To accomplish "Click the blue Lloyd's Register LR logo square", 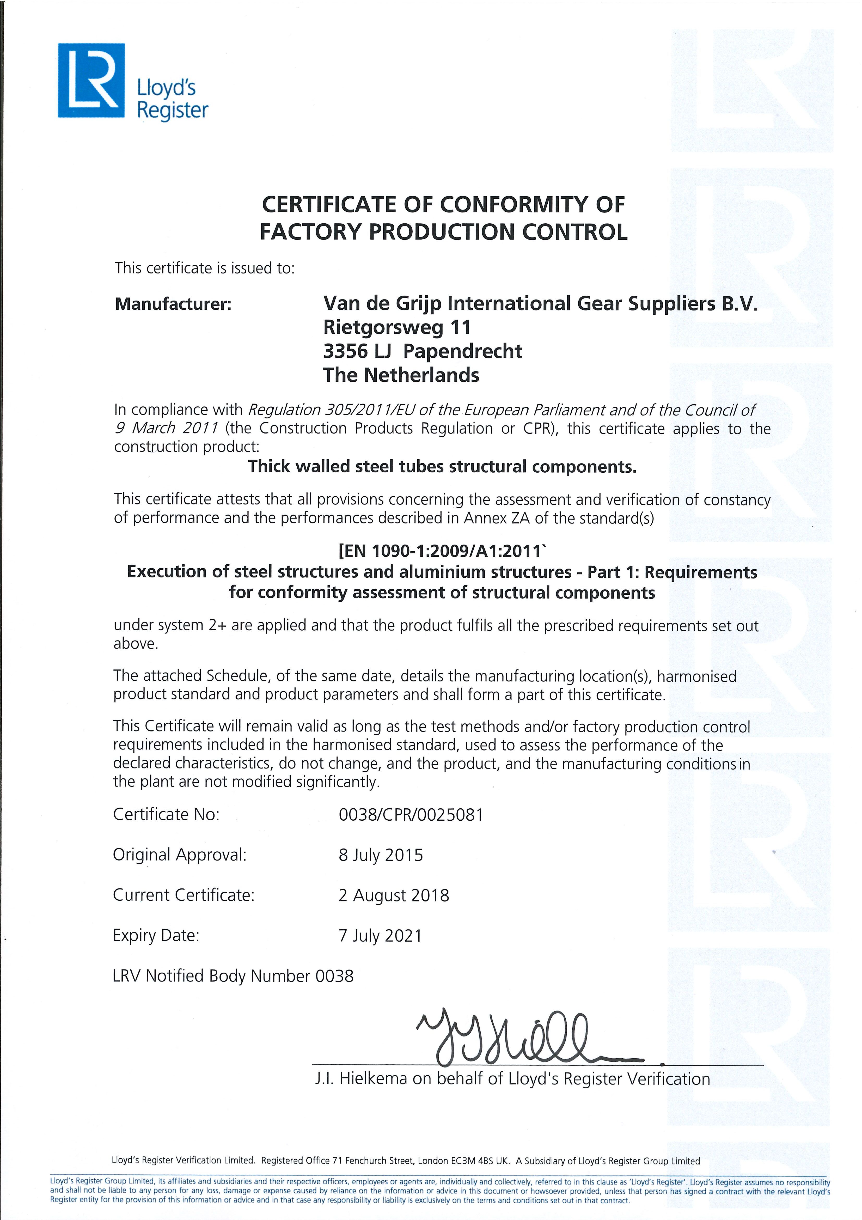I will (91, 80).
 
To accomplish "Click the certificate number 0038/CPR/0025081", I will (411, 815).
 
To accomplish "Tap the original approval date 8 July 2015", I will (381, 855).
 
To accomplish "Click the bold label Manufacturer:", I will (173, 304).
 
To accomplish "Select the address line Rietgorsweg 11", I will (397, 327).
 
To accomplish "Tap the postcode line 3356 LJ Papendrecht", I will (423, 351).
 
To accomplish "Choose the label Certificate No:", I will (166, 815).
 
